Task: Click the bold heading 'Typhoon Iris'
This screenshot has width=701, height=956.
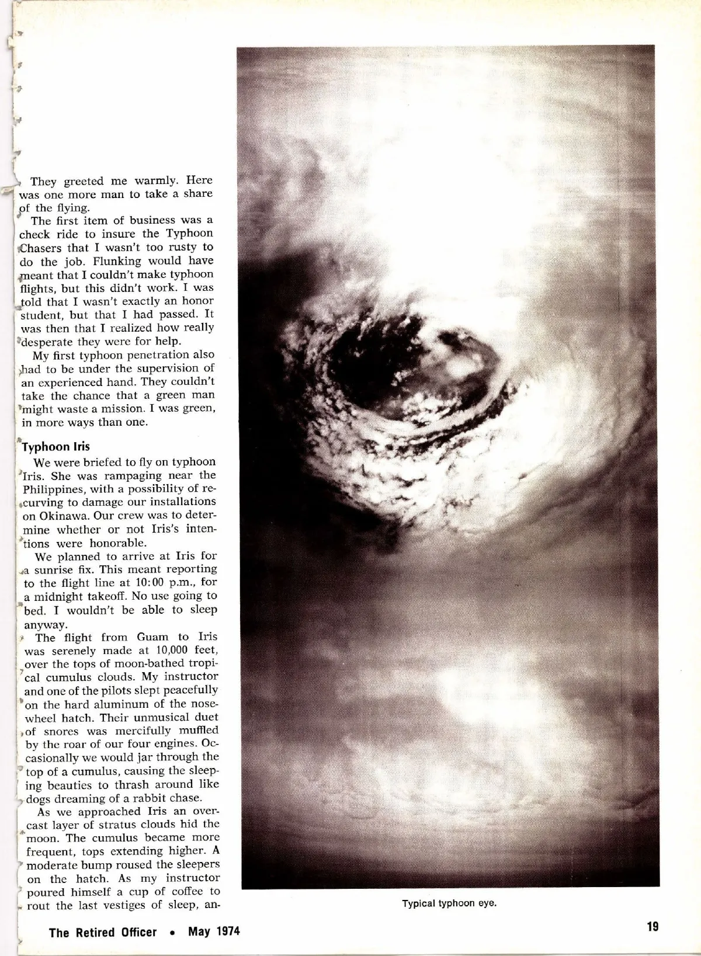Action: point(56,447)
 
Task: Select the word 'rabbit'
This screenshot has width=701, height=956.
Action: point(150,798)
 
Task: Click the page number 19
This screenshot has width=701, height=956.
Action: point(653,926)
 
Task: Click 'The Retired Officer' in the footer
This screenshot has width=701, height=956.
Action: point(103,932)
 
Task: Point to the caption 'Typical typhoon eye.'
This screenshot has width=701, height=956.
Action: point(449,903)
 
